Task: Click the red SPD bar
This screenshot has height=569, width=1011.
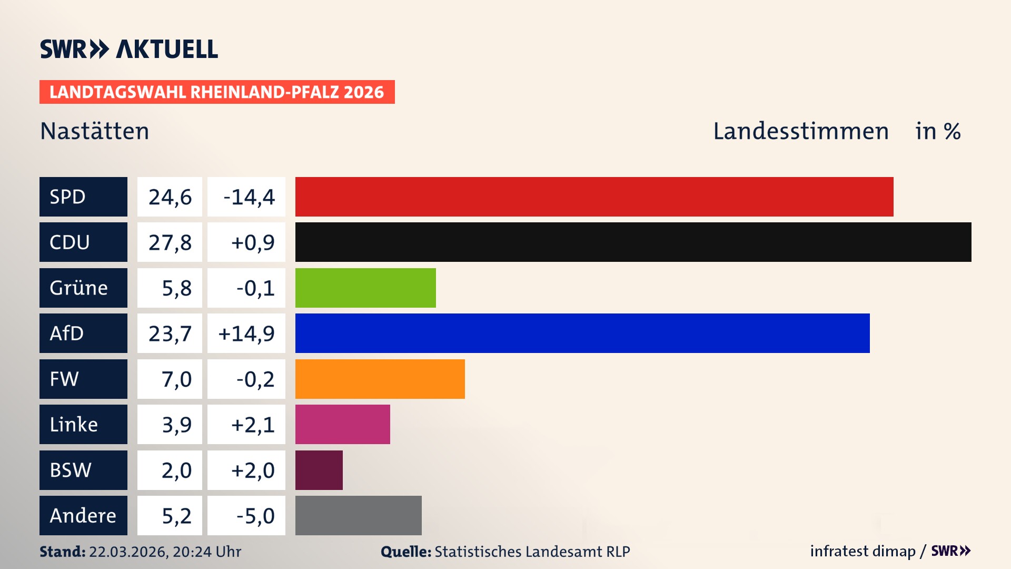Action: point(594,197)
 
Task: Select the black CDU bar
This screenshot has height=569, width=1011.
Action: point(633,242)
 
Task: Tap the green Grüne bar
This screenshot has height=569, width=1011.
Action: point(365,288)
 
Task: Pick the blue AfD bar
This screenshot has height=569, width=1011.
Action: point(582,333)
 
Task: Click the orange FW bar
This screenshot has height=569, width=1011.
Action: point(380,379)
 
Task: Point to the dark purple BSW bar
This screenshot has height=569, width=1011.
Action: point(319,470)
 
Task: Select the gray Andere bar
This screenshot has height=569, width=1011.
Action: point(358,515)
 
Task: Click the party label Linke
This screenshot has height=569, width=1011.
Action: point(74,425)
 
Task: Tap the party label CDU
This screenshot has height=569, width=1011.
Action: point(70,242)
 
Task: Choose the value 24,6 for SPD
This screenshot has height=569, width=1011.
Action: point(170,197)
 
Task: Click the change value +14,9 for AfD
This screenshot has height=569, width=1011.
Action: point(246,333)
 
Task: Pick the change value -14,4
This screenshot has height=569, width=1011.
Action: point(249,197)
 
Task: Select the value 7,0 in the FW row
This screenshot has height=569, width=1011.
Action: point(176,379)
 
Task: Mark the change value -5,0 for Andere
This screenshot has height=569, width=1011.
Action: point(255,516)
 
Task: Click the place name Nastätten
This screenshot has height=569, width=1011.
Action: point(95,131)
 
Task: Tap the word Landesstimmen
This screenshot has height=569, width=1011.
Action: point(800,131)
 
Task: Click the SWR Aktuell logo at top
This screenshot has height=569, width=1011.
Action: point(128,49)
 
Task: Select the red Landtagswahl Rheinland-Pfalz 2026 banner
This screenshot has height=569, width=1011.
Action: point(216,92)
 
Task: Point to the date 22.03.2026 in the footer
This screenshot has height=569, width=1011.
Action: point(128,552)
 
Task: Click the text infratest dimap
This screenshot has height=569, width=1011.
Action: point(862,551)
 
